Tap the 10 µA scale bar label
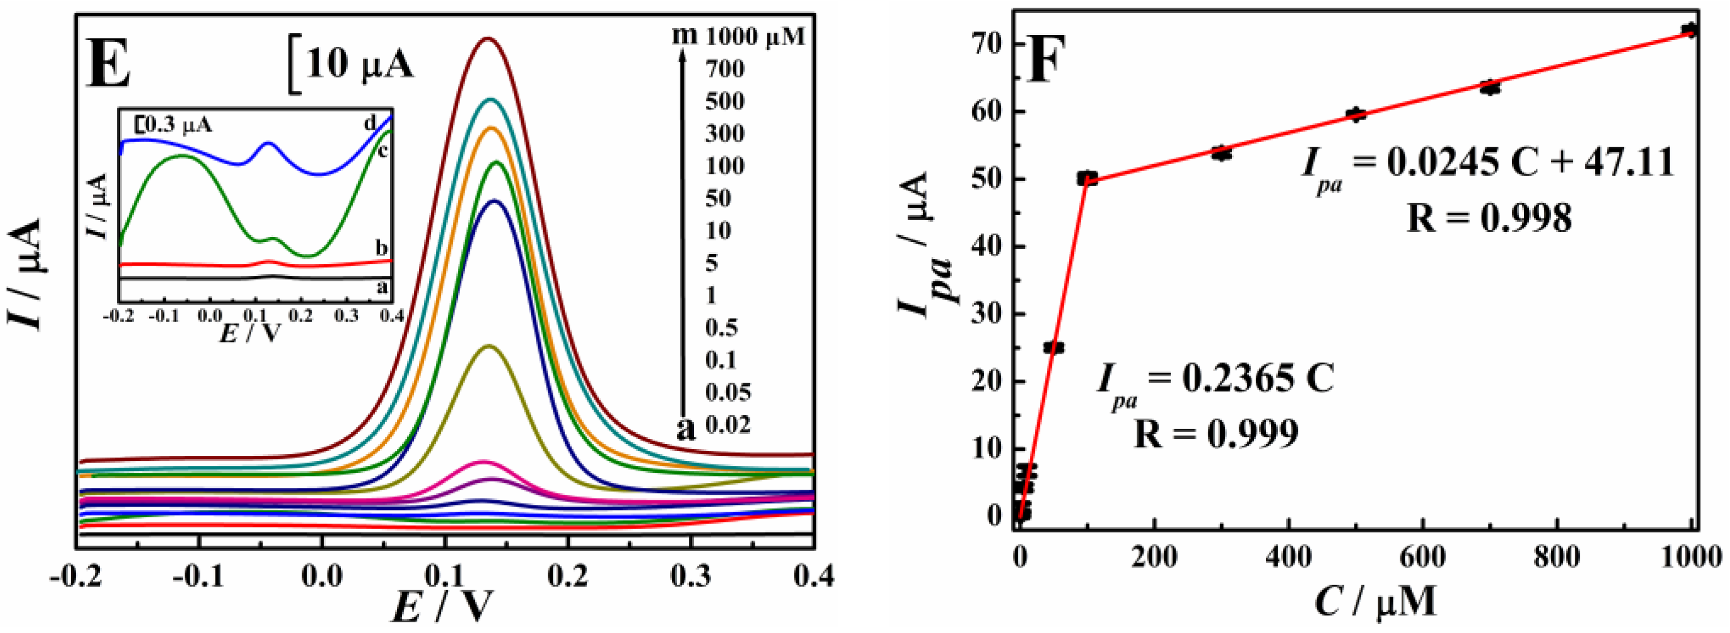coord(359,65)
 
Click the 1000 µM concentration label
coord(755,36)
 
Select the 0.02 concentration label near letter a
coord(727,425)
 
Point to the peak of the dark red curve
coord(489,38)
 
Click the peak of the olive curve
coord(489,346)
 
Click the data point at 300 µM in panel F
coord(1222,153)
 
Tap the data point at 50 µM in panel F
coord(1054,348)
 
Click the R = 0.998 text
coord(1489,218)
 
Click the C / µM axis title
coord(1375,601)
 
